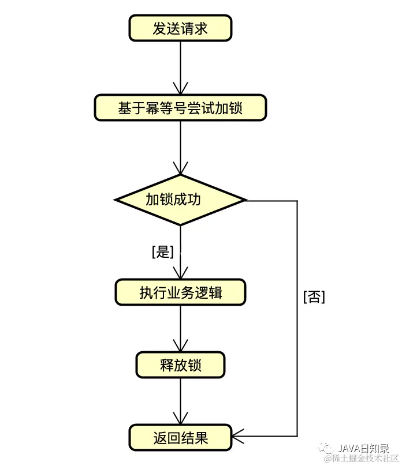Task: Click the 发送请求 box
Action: [x=180, y=28]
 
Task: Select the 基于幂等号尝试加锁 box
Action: [x=180, y=108]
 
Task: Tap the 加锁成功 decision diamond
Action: [x=180, y=200]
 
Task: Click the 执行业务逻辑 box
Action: [x=180, y=292]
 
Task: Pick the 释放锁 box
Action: [x=180, y=365]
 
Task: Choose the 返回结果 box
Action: [x=180, y=438]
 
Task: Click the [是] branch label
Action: [x=162, y=251]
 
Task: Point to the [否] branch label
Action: [x=314, y=296]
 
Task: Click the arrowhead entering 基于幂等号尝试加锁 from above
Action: [x=180, y=89]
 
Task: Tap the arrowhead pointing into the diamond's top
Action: [x=180, y=170]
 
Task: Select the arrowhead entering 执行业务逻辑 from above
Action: [x=180, y=274]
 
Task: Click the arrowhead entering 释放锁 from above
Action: [x=180, y=347]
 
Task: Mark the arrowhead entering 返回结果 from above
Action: [x=180, y=419]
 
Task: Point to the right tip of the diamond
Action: [x=245, y=200]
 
